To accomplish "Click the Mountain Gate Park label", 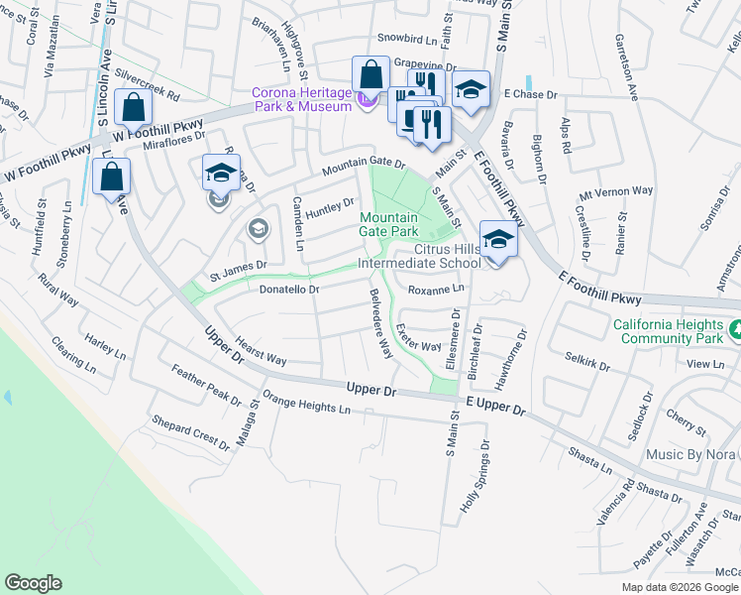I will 388,224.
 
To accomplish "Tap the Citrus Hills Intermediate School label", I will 419,256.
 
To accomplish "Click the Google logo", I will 33,583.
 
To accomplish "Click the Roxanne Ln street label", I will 436,290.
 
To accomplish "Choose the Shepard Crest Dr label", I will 190,434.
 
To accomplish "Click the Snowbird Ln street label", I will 407,40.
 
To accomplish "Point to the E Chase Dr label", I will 531,94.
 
